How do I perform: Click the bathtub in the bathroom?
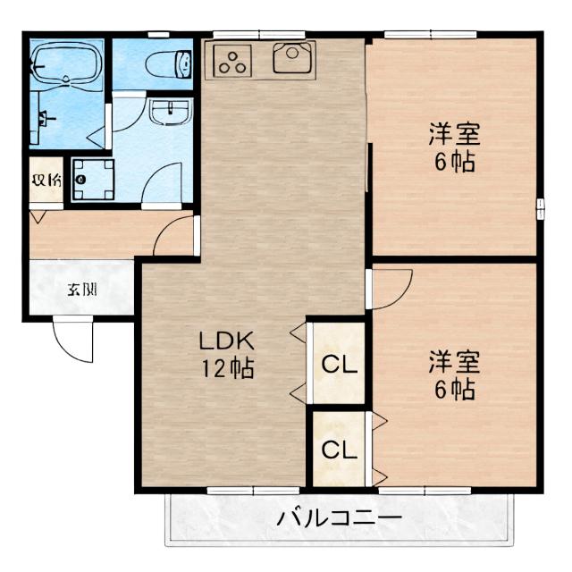[67, 63]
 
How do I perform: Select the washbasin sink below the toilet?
[169, 114]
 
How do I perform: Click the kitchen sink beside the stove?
[291, 59]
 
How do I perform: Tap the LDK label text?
[227, 341]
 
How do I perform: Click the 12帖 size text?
[227, 367]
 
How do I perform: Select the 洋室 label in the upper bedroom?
[454, 136]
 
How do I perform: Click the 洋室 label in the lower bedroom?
[454, 363]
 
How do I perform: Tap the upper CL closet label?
[339, 364]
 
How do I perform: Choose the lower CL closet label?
[339, 449]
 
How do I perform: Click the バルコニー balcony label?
[339, 517]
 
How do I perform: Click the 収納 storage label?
[46, 181]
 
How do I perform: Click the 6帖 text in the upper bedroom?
[454, 163]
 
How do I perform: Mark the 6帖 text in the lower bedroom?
[454, 390]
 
